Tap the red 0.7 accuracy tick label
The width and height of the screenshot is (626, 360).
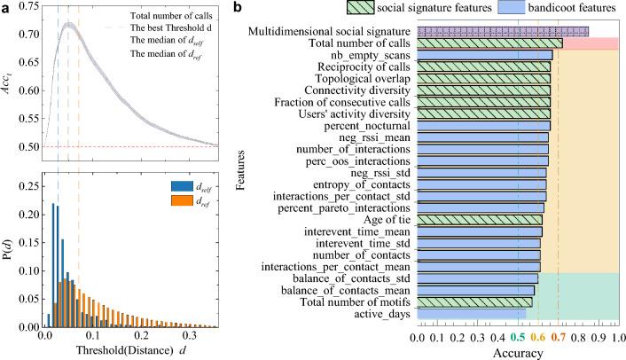coord(559,338)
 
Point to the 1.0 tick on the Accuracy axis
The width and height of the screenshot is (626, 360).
coord(618,338)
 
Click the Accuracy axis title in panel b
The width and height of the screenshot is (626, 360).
coord(518,352)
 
